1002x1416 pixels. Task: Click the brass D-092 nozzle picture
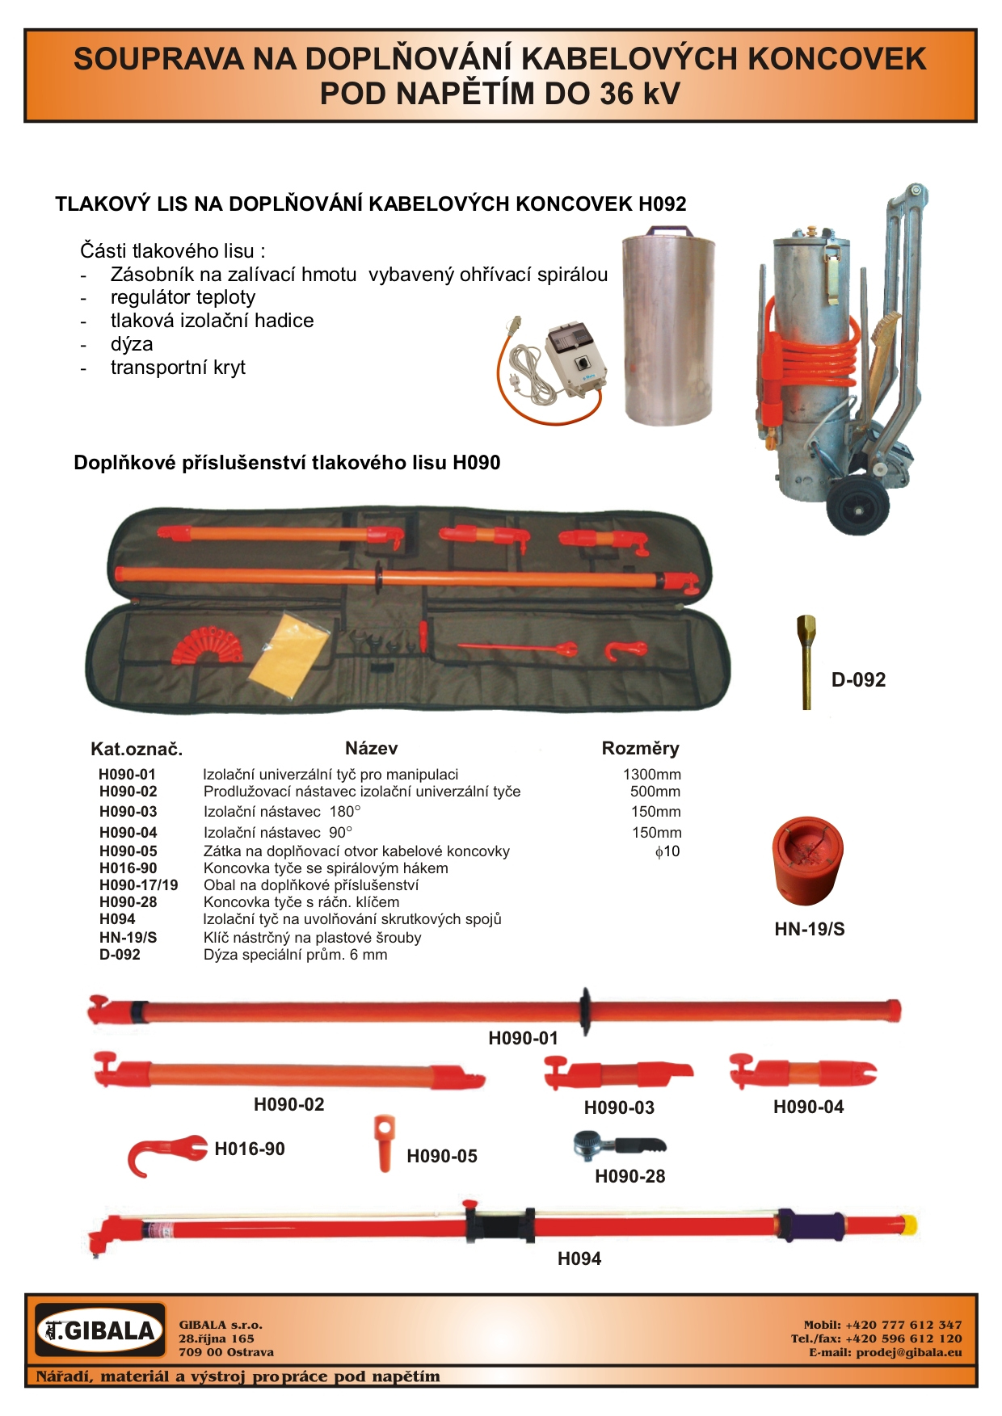[806, 662]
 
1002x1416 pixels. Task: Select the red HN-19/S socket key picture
[807, 861]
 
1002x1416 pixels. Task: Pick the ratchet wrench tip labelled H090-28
[619, 1145]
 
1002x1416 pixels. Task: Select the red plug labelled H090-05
[385, 1141]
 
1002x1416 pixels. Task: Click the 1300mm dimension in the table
[651, 774]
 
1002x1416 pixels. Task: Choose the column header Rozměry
[640, 748]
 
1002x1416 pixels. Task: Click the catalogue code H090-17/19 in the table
[138, 885]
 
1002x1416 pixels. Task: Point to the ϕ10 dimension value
[667, 851]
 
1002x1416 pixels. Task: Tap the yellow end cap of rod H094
[907, 1225]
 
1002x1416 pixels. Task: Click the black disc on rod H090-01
[584, 1010]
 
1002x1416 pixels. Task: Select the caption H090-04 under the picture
[808, 1107]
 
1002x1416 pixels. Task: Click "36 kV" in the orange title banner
[639, 94]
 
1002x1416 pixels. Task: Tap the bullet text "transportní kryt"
[178, 368]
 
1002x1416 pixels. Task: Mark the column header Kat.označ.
[137, 749]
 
